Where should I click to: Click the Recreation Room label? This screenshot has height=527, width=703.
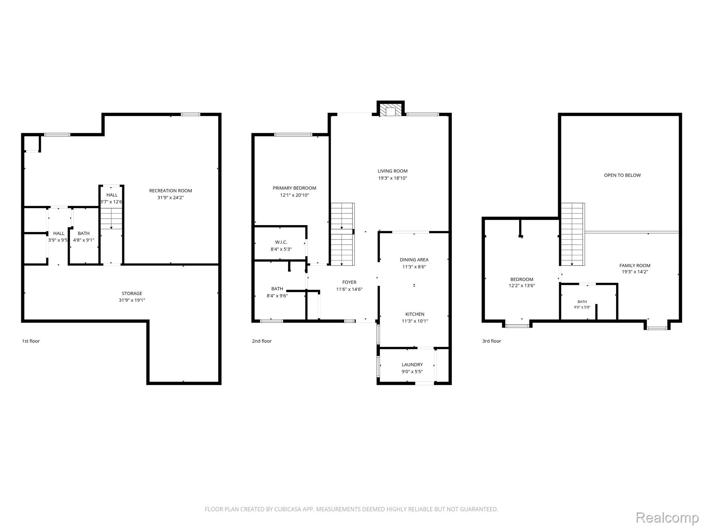coord(171,191)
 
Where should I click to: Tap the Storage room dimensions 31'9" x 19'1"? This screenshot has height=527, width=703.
coord(132,300)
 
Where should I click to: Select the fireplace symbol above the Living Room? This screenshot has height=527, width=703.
coord(391,109)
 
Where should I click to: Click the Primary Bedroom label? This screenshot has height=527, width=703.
coord(295,188)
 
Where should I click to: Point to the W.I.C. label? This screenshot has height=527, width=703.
coord(281,242)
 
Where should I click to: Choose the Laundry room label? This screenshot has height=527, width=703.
coord(412,365)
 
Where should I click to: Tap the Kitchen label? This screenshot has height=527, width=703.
coord(415,314)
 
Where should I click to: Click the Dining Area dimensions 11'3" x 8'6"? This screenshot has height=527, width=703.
coord(414,267)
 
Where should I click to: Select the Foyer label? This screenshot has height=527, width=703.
coord(349,282)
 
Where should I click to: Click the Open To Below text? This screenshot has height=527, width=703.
coord(622,175)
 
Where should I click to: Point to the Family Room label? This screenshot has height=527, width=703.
coord(635,266)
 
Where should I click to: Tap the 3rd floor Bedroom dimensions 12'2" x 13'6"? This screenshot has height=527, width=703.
coord(522,285)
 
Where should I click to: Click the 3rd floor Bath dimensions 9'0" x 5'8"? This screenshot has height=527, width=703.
coord(582,307)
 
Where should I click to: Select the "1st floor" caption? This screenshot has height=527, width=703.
coord(31,341)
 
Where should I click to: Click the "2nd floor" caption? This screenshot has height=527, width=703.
coord(262,341)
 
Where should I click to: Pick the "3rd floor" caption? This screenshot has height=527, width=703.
coord(492,341)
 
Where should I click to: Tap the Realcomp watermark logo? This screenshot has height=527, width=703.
coord(667,518)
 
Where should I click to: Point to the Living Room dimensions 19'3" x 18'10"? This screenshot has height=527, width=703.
coord(393,178)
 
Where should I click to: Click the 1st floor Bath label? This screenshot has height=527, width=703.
coord(84,233)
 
